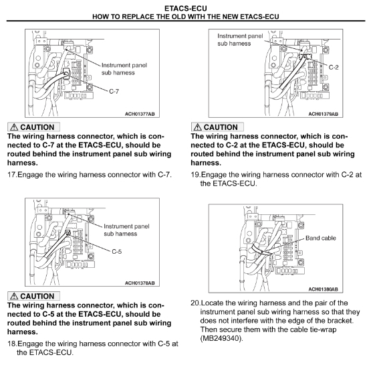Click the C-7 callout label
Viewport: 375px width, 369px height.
coord(114,91)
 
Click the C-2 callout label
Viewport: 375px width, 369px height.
coord(334,68)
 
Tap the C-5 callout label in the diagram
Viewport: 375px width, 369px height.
coord(117,251)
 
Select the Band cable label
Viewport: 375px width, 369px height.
coord(321,238)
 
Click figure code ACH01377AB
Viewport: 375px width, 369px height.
coord(140,114)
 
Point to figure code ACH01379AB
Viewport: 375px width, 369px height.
coord(324,114)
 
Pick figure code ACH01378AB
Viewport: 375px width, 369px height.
coord(140,283)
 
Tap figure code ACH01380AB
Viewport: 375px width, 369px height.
coord(324,289)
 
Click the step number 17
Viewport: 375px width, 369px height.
coord(12,174)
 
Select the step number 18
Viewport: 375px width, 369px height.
coord(12,344)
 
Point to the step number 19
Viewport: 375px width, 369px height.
coord(196,174)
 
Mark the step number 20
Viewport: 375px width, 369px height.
coord(196,303)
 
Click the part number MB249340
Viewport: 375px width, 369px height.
coord(221,338)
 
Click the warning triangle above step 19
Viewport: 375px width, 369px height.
coord(197,127)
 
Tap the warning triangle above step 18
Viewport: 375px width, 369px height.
coord(14,296)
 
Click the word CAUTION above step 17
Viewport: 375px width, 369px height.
coord(37,127)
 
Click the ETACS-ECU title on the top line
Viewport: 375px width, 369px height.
coord(186,9)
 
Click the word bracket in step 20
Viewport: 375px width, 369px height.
coord(340,321)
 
